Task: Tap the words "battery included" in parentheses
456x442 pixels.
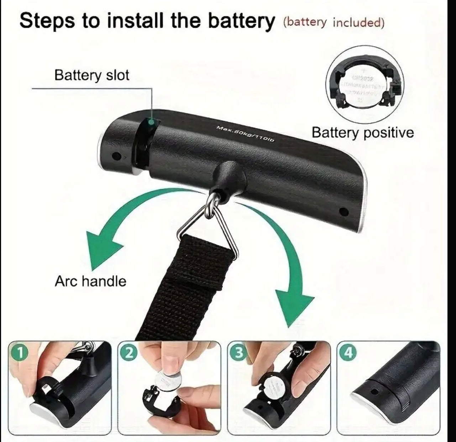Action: pos(334,22)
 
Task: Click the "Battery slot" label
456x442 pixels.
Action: pos(91,75)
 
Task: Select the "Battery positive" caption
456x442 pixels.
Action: pos(362,133)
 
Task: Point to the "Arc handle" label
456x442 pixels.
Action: pos(90,281)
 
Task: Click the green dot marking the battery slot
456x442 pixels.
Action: pos(151,122)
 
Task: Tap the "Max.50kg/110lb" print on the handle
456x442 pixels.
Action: pos(246,134)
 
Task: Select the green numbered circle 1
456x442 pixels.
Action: pos(21,352)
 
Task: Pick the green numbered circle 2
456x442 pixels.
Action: pos(131,352)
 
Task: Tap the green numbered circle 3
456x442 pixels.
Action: pos(239,352)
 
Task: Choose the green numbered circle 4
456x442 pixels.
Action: pos(349,352)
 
